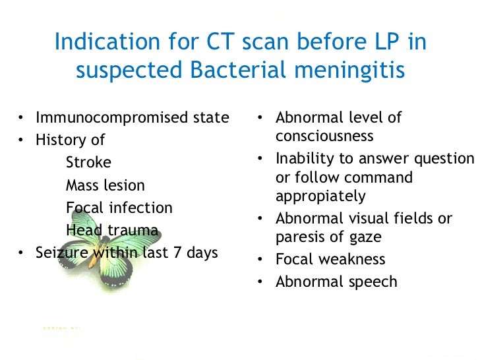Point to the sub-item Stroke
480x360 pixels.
88,163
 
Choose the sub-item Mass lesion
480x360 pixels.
105,186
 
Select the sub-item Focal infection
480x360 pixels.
119,208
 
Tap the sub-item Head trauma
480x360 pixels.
111,231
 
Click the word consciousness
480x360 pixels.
324,136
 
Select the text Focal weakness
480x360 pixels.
330,260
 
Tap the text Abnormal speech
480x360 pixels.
336,282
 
